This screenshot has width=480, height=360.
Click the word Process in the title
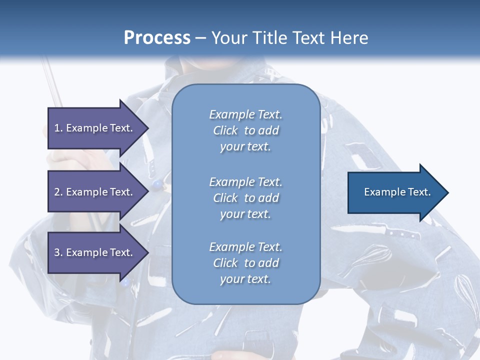[157, 37]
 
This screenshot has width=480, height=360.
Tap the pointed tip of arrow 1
[147, 127]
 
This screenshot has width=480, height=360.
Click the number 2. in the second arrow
[58, 192]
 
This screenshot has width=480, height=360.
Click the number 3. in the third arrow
[58, 252]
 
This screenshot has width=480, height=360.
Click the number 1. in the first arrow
[58, 128]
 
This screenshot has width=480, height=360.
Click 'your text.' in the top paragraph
[245, 147]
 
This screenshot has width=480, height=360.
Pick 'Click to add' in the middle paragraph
[245, 198]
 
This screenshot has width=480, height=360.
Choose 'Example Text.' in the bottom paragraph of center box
[245, 247]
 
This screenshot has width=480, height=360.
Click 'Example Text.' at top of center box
[245, 114]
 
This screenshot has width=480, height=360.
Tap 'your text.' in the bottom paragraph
[245, 279]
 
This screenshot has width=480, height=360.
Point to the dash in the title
[201, 38]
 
